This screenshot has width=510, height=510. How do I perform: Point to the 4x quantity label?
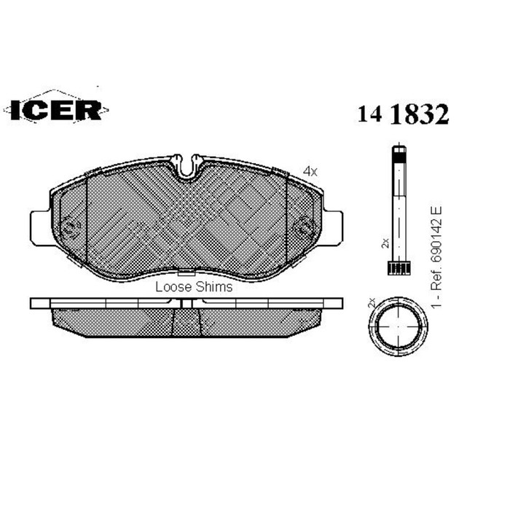[310, 171]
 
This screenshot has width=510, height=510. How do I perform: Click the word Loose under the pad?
[173, 287]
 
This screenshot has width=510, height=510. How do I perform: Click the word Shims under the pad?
[215, 287]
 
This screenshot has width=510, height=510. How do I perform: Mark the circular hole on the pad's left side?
[70, 227]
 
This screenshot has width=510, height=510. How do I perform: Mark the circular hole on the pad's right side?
[302, 227]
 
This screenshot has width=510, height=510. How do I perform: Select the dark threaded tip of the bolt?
[398, 155]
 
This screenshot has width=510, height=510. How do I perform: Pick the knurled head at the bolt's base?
[398, 270]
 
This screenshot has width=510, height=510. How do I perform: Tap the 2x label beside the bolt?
[385, 243]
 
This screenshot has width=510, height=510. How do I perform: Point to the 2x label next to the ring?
[372, 302]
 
